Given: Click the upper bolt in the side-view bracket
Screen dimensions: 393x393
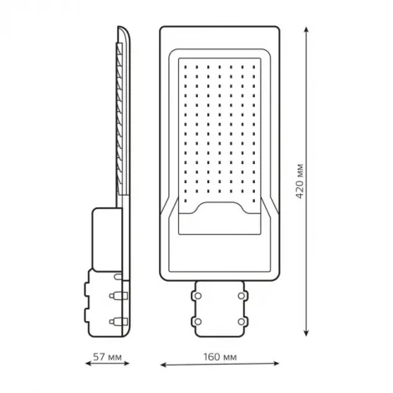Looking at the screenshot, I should coord(115,294).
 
